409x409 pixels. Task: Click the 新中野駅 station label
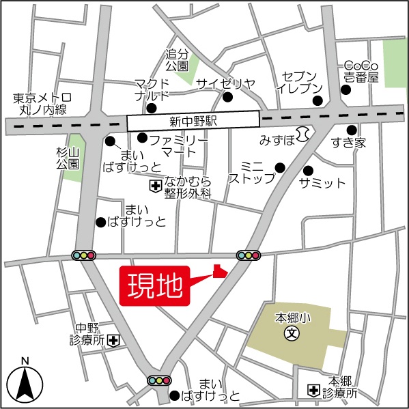coord(193,120)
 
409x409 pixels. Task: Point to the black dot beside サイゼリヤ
coord(227,97)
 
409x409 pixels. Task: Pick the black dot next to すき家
coord(352,129)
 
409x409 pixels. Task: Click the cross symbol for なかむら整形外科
coord(155,186)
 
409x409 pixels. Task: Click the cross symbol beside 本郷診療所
coord(313,390)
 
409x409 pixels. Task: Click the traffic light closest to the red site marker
coord(249,256)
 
